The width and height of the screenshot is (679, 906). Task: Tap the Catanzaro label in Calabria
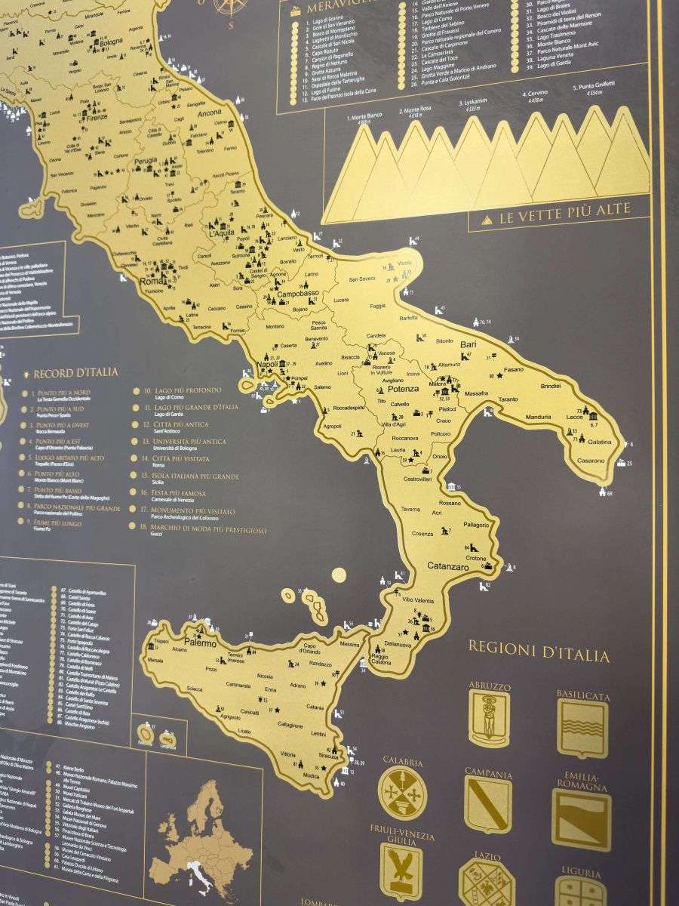point(449,565)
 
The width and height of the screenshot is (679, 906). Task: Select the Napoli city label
point(268,364)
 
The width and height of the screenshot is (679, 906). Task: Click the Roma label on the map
point(152,282)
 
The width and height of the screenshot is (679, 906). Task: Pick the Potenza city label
point(403,389)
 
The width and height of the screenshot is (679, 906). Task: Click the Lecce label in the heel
point(576,417)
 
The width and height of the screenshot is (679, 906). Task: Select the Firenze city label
point(97,118)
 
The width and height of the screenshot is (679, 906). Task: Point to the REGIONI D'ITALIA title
point(539,652)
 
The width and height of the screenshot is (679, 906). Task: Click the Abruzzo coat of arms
point(489,716)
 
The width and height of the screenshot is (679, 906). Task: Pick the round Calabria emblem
point(402,793)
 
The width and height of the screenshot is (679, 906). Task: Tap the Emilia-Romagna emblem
point(581,820)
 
